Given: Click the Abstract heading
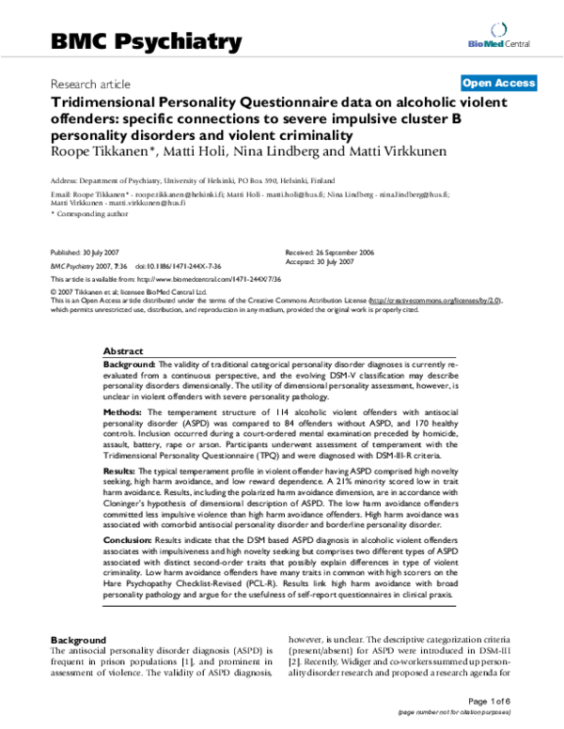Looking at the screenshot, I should pyautogui.click(x=122, y=348).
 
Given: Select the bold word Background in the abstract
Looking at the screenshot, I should pyautogui.click(x=129, y=363).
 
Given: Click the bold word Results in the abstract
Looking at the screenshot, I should pyautogui.click(x=122, y=467).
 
